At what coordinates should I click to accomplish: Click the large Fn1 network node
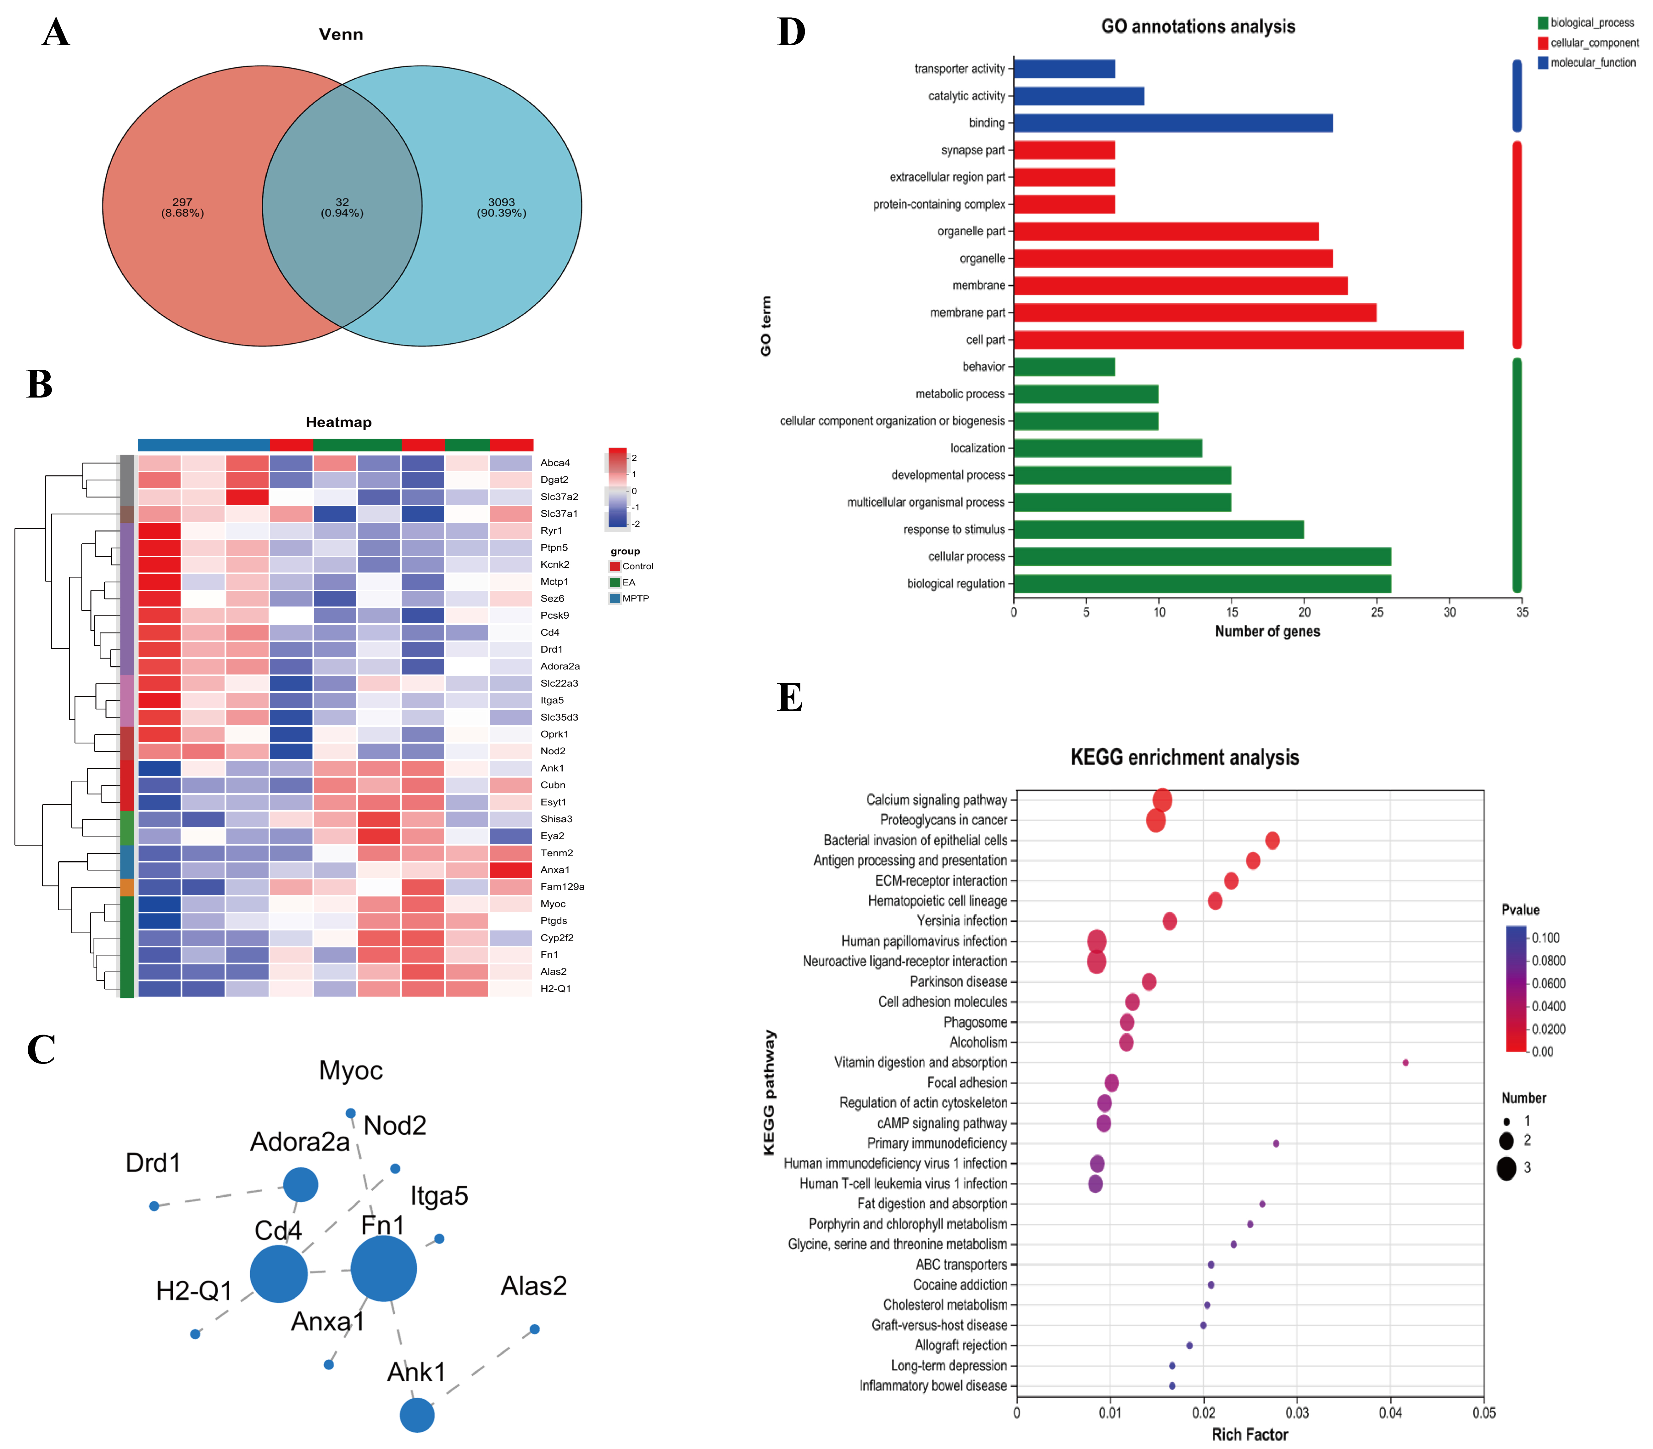383,1268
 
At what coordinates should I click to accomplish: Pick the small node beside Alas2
534,1328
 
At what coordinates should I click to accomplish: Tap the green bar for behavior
1064,367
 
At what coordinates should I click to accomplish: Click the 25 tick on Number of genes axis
1377,612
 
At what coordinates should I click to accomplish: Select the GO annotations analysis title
1198,27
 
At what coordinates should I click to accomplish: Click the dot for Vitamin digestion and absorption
1406,1063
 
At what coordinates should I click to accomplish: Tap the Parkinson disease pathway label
959,982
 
